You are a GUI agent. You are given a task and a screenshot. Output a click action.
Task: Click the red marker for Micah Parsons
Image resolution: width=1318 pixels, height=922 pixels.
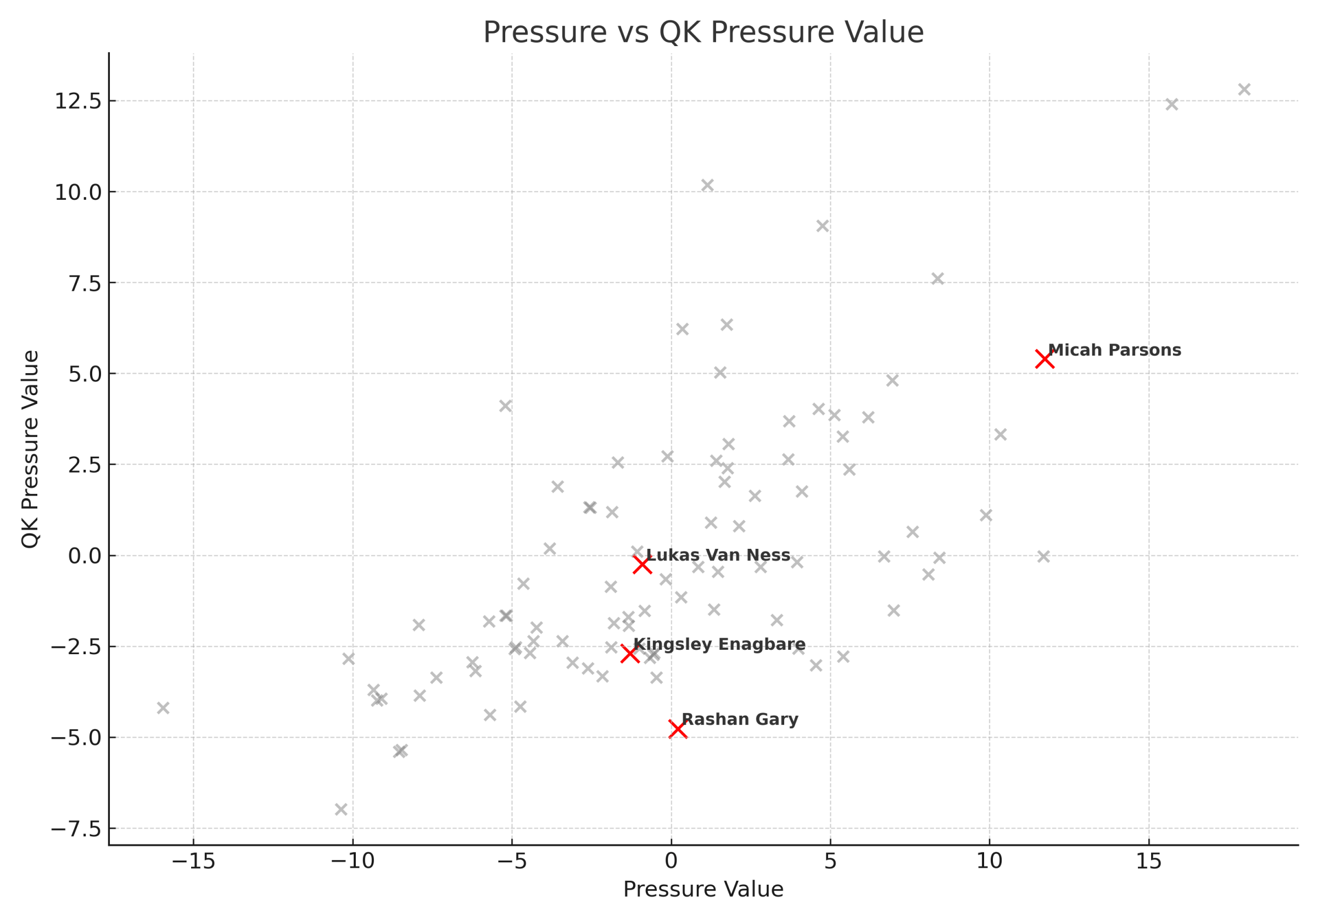click(x=1044, y=359)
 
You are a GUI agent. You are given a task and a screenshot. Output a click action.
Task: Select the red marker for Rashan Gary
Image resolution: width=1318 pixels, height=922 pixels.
click(x=677, y=729)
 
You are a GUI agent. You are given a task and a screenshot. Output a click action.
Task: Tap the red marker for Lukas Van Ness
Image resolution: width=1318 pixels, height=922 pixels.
click(x=642, y=565)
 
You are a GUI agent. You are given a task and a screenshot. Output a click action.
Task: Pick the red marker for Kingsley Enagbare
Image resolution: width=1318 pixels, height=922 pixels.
click(x=630, y=654)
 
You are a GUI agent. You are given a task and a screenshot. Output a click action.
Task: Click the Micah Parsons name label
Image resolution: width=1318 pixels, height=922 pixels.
click(x=1114, y=350)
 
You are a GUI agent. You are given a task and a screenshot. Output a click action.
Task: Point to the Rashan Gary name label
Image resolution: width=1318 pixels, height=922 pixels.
click(x=739, y=719)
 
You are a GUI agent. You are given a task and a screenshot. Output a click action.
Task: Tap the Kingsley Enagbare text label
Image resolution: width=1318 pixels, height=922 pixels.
click(x=719, y=644)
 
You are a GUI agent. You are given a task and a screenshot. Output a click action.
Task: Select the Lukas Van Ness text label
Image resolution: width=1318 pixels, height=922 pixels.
click(x=718, y=555)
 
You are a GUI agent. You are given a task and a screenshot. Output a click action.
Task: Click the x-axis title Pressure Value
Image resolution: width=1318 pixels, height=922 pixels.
click(x=703, y=889)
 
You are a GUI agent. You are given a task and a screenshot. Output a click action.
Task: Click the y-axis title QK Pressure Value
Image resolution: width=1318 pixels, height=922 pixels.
click(x=30, y=449)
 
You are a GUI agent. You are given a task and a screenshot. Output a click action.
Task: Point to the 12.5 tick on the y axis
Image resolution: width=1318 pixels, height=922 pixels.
click(x=77, y=102)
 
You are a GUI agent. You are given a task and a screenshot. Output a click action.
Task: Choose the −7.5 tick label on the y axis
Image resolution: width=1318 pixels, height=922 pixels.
click(x=76, y=829)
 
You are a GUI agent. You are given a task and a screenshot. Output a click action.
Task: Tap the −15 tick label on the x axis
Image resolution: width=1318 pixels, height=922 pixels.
click(x=193, y=862)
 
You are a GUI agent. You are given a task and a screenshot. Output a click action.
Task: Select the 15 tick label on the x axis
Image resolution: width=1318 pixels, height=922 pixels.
click(x=1149, y=862)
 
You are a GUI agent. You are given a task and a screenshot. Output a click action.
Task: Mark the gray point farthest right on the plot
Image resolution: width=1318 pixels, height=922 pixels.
click(x=1244, y=89)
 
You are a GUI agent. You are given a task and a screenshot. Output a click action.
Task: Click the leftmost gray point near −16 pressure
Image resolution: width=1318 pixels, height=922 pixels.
click(x=163, y=708)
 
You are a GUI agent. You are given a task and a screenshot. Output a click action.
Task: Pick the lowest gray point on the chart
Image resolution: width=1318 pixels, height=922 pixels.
click(x=341, y=809)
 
